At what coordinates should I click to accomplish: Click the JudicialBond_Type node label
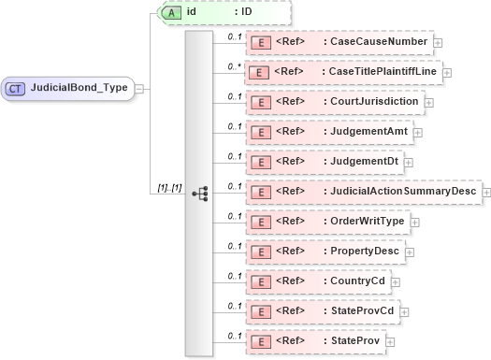pos(80,88)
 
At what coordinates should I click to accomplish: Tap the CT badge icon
pos(16,88)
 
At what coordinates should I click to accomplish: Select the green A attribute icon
pos(172,12)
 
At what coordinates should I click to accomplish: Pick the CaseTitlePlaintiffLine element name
pos(382,71)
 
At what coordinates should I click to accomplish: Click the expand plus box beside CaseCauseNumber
pos(438,42)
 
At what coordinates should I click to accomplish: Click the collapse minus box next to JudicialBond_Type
pos(139,88)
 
